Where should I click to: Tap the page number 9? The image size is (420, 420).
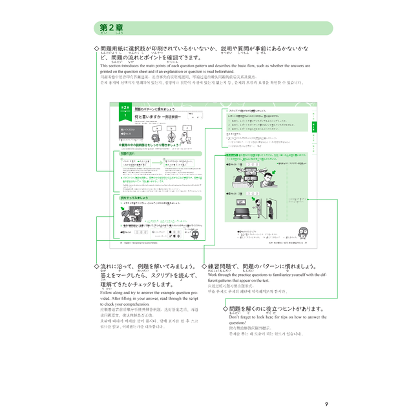click(326, 404)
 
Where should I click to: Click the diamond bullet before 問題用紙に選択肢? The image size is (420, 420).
click(97, 48)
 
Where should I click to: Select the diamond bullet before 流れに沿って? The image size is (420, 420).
click(97, 266)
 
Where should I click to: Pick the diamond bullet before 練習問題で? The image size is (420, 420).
click(204, 266)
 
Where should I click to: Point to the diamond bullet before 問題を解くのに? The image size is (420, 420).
click(225, 310)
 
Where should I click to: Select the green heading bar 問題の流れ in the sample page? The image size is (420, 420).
click(132, 154)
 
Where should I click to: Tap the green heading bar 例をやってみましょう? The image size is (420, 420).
click(138, 198)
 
